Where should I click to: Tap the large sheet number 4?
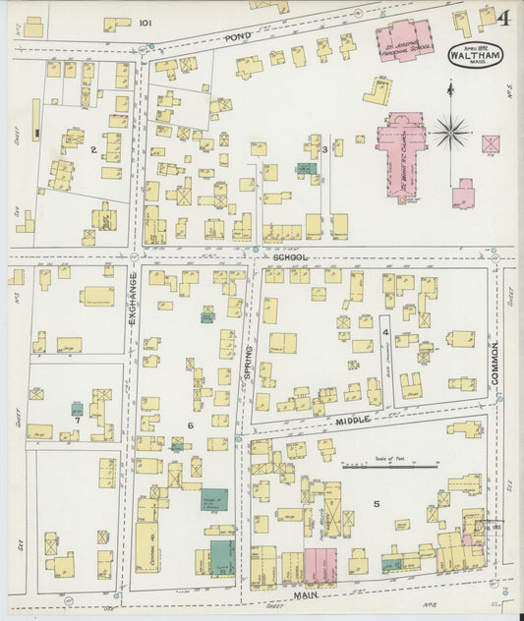503,18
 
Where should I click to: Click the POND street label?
238,37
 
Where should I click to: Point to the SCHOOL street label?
290,257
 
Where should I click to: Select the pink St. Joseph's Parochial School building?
404,40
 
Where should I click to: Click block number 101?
146,22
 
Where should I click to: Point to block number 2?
92,149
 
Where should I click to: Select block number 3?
324,149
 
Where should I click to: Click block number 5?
376,504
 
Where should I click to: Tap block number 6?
191,423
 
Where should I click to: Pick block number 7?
76,420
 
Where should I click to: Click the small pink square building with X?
490,143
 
